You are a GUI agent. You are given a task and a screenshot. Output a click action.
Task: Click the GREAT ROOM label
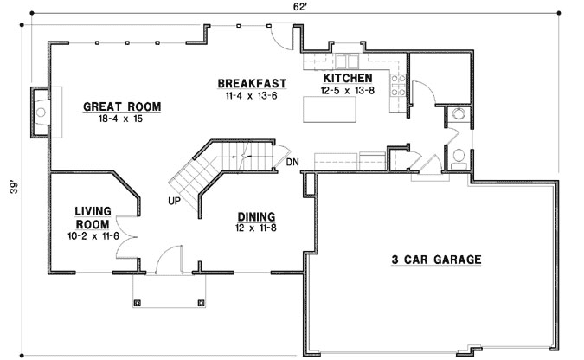point(121,107)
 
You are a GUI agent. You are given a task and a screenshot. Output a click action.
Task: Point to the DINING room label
point(256,216)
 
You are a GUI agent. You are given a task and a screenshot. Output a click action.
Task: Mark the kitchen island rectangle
point(330,111)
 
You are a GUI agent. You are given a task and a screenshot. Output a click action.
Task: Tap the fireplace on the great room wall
point(41,111)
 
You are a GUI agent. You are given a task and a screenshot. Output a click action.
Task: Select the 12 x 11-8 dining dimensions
point(256,228)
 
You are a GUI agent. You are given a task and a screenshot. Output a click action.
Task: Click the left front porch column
point(137,303)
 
